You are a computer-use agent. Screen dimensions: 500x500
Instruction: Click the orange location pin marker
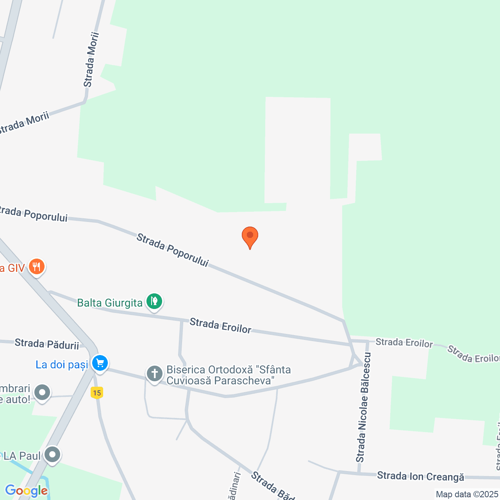250,236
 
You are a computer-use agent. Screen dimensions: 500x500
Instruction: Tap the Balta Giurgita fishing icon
154,302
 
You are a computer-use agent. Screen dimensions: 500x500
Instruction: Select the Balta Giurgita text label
110,303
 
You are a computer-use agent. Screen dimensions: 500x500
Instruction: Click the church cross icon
154,374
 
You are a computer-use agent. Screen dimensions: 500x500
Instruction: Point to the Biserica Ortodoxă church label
229,375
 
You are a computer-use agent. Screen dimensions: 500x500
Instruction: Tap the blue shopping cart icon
100,363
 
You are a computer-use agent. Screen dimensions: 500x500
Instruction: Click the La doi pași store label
62,365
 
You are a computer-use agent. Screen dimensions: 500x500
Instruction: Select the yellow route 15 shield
96,393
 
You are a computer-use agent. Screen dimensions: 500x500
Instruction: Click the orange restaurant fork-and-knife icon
36,267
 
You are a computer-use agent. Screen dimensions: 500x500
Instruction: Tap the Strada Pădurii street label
47,344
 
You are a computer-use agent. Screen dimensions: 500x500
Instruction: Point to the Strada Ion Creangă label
420,477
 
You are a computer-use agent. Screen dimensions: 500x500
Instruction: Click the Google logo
26,491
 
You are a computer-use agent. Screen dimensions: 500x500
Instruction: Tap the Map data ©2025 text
467,495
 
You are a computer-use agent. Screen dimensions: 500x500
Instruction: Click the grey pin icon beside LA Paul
52,455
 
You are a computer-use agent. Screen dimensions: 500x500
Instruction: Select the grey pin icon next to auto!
42,392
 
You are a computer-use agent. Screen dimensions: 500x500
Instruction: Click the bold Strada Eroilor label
220,326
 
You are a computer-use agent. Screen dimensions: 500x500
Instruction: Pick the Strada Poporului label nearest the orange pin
172,250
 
